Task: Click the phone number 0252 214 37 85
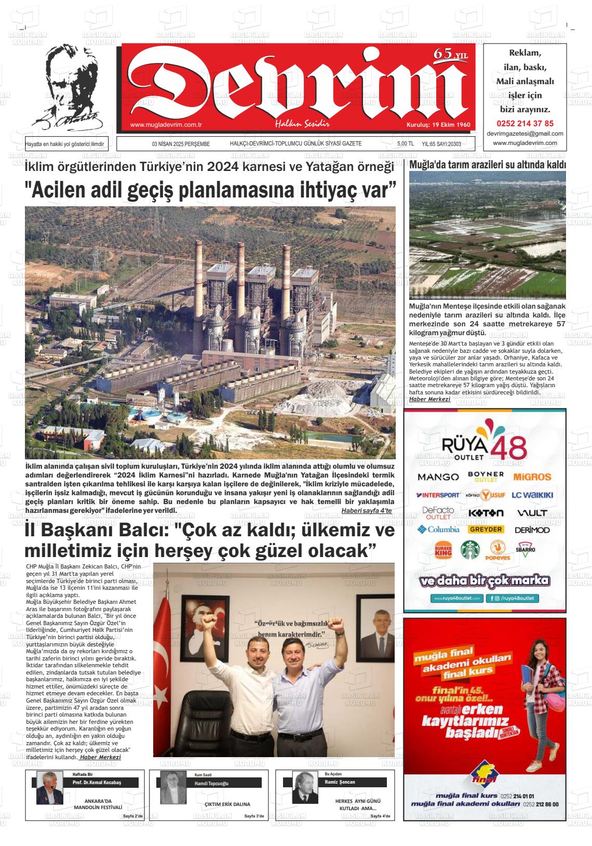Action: (x=525, y=124)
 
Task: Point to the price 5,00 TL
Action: (x=405, y=144)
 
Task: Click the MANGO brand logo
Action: (x=438, y=477)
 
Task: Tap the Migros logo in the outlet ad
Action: (x=532, y=477)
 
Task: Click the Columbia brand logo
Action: (x=438, y=530)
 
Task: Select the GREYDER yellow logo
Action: (x=486, y=530)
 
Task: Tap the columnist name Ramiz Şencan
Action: (x=344, y=782)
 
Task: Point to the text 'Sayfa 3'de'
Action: (x=254, y=816)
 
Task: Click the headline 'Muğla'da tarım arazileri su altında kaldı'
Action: (x=488, y=165)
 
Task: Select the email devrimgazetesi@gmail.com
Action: (x=525, y=134)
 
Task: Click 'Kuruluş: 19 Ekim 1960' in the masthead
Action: (x=438, y=125)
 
